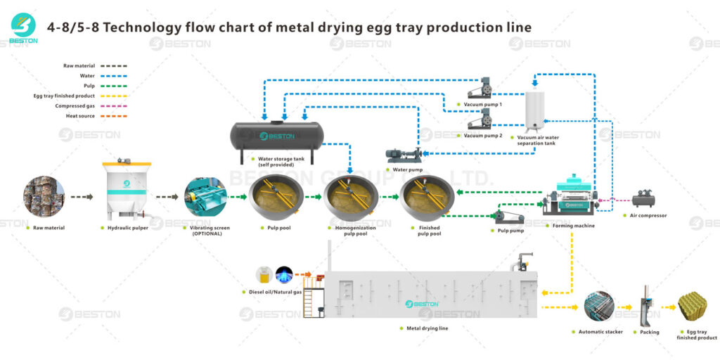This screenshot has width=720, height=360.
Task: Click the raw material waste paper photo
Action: (x=44, y=196)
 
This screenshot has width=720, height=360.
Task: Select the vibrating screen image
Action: (x=205, y=197)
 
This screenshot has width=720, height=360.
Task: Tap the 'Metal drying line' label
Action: (x=427, y=328)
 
